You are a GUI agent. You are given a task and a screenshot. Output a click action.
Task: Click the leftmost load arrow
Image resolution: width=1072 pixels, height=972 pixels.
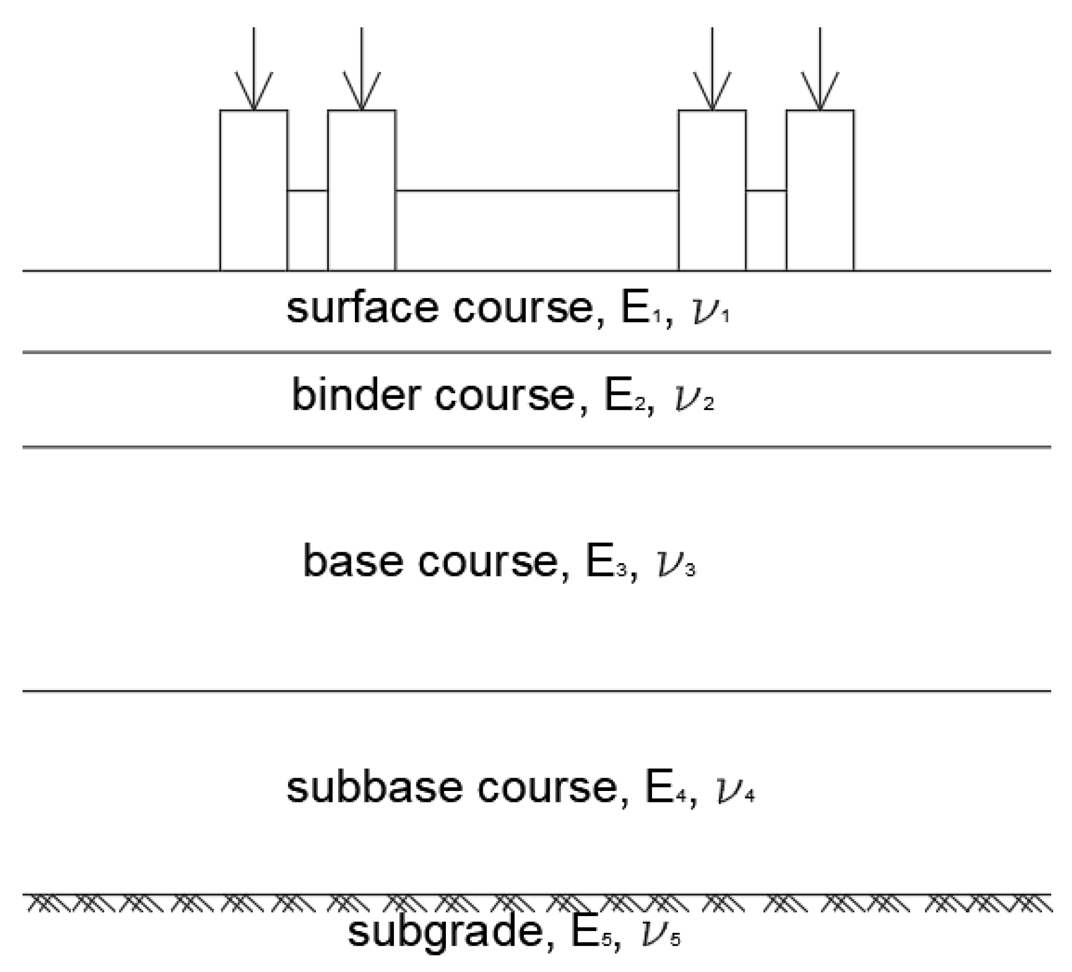coord(254,69)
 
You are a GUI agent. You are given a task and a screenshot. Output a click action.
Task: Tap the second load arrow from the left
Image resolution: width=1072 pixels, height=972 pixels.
coord(362,69)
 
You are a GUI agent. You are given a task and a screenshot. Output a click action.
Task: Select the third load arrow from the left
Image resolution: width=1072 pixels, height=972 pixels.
coord(712,69)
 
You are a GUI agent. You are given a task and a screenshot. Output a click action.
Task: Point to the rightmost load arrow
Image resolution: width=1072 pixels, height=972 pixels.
coord(820,69)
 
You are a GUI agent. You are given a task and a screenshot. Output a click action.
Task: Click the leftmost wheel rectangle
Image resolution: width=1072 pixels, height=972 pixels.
coord(254,190)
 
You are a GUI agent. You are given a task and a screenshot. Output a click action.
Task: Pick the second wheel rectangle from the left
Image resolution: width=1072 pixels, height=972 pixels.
coord(362,190)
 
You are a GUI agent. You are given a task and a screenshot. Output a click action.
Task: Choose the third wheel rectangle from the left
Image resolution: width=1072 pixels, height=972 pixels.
coord(712,190)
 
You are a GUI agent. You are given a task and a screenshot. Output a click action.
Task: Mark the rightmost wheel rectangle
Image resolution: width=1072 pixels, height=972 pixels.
coord(820,190)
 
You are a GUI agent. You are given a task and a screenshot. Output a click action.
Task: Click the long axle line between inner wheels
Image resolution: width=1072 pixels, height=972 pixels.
coord(537,190)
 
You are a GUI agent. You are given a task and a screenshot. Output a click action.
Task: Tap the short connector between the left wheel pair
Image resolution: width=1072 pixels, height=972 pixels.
coord(308,190)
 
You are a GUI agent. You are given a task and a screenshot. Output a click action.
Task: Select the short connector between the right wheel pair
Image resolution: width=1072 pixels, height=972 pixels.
coord(766,190)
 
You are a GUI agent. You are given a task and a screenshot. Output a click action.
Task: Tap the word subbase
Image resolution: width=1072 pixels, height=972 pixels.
coord(374,788)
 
